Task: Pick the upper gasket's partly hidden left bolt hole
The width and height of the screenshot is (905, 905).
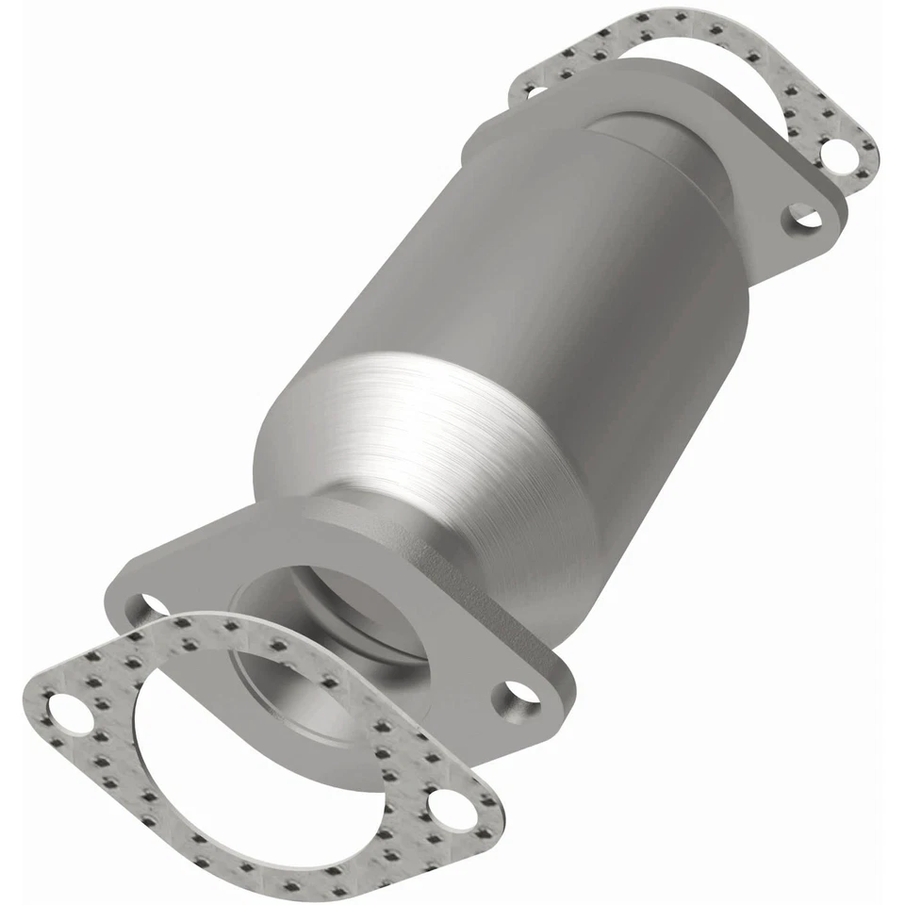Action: click(530, 90)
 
